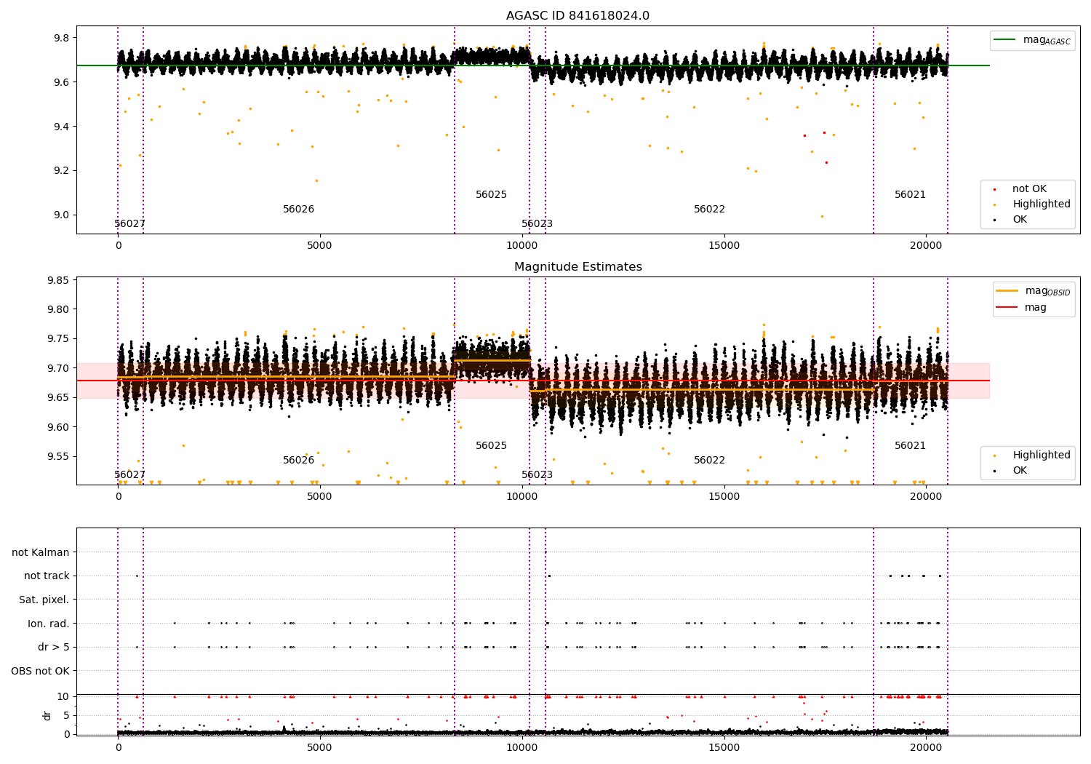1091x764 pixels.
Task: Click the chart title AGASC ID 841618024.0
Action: [x=578, y=16]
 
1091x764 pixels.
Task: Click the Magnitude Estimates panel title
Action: [x=578, y=267]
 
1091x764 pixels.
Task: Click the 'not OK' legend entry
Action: [x=1029, y=189]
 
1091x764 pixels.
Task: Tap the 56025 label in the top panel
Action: [x=491, y=195]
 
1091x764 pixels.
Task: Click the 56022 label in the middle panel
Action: [x=709, y=461]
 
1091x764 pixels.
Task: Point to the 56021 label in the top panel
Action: [x=910, y=195]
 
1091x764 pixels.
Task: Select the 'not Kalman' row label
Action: [x=41, y=552]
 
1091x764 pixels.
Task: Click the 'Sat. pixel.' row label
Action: [x=44, y=600]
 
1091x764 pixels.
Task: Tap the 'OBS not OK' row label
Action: [x=41, y=671]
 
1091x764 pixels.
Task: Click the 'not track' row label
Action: [x=47, y=576]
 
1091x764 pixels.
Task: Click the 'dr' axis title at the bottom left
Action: [x=47, y=715]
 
